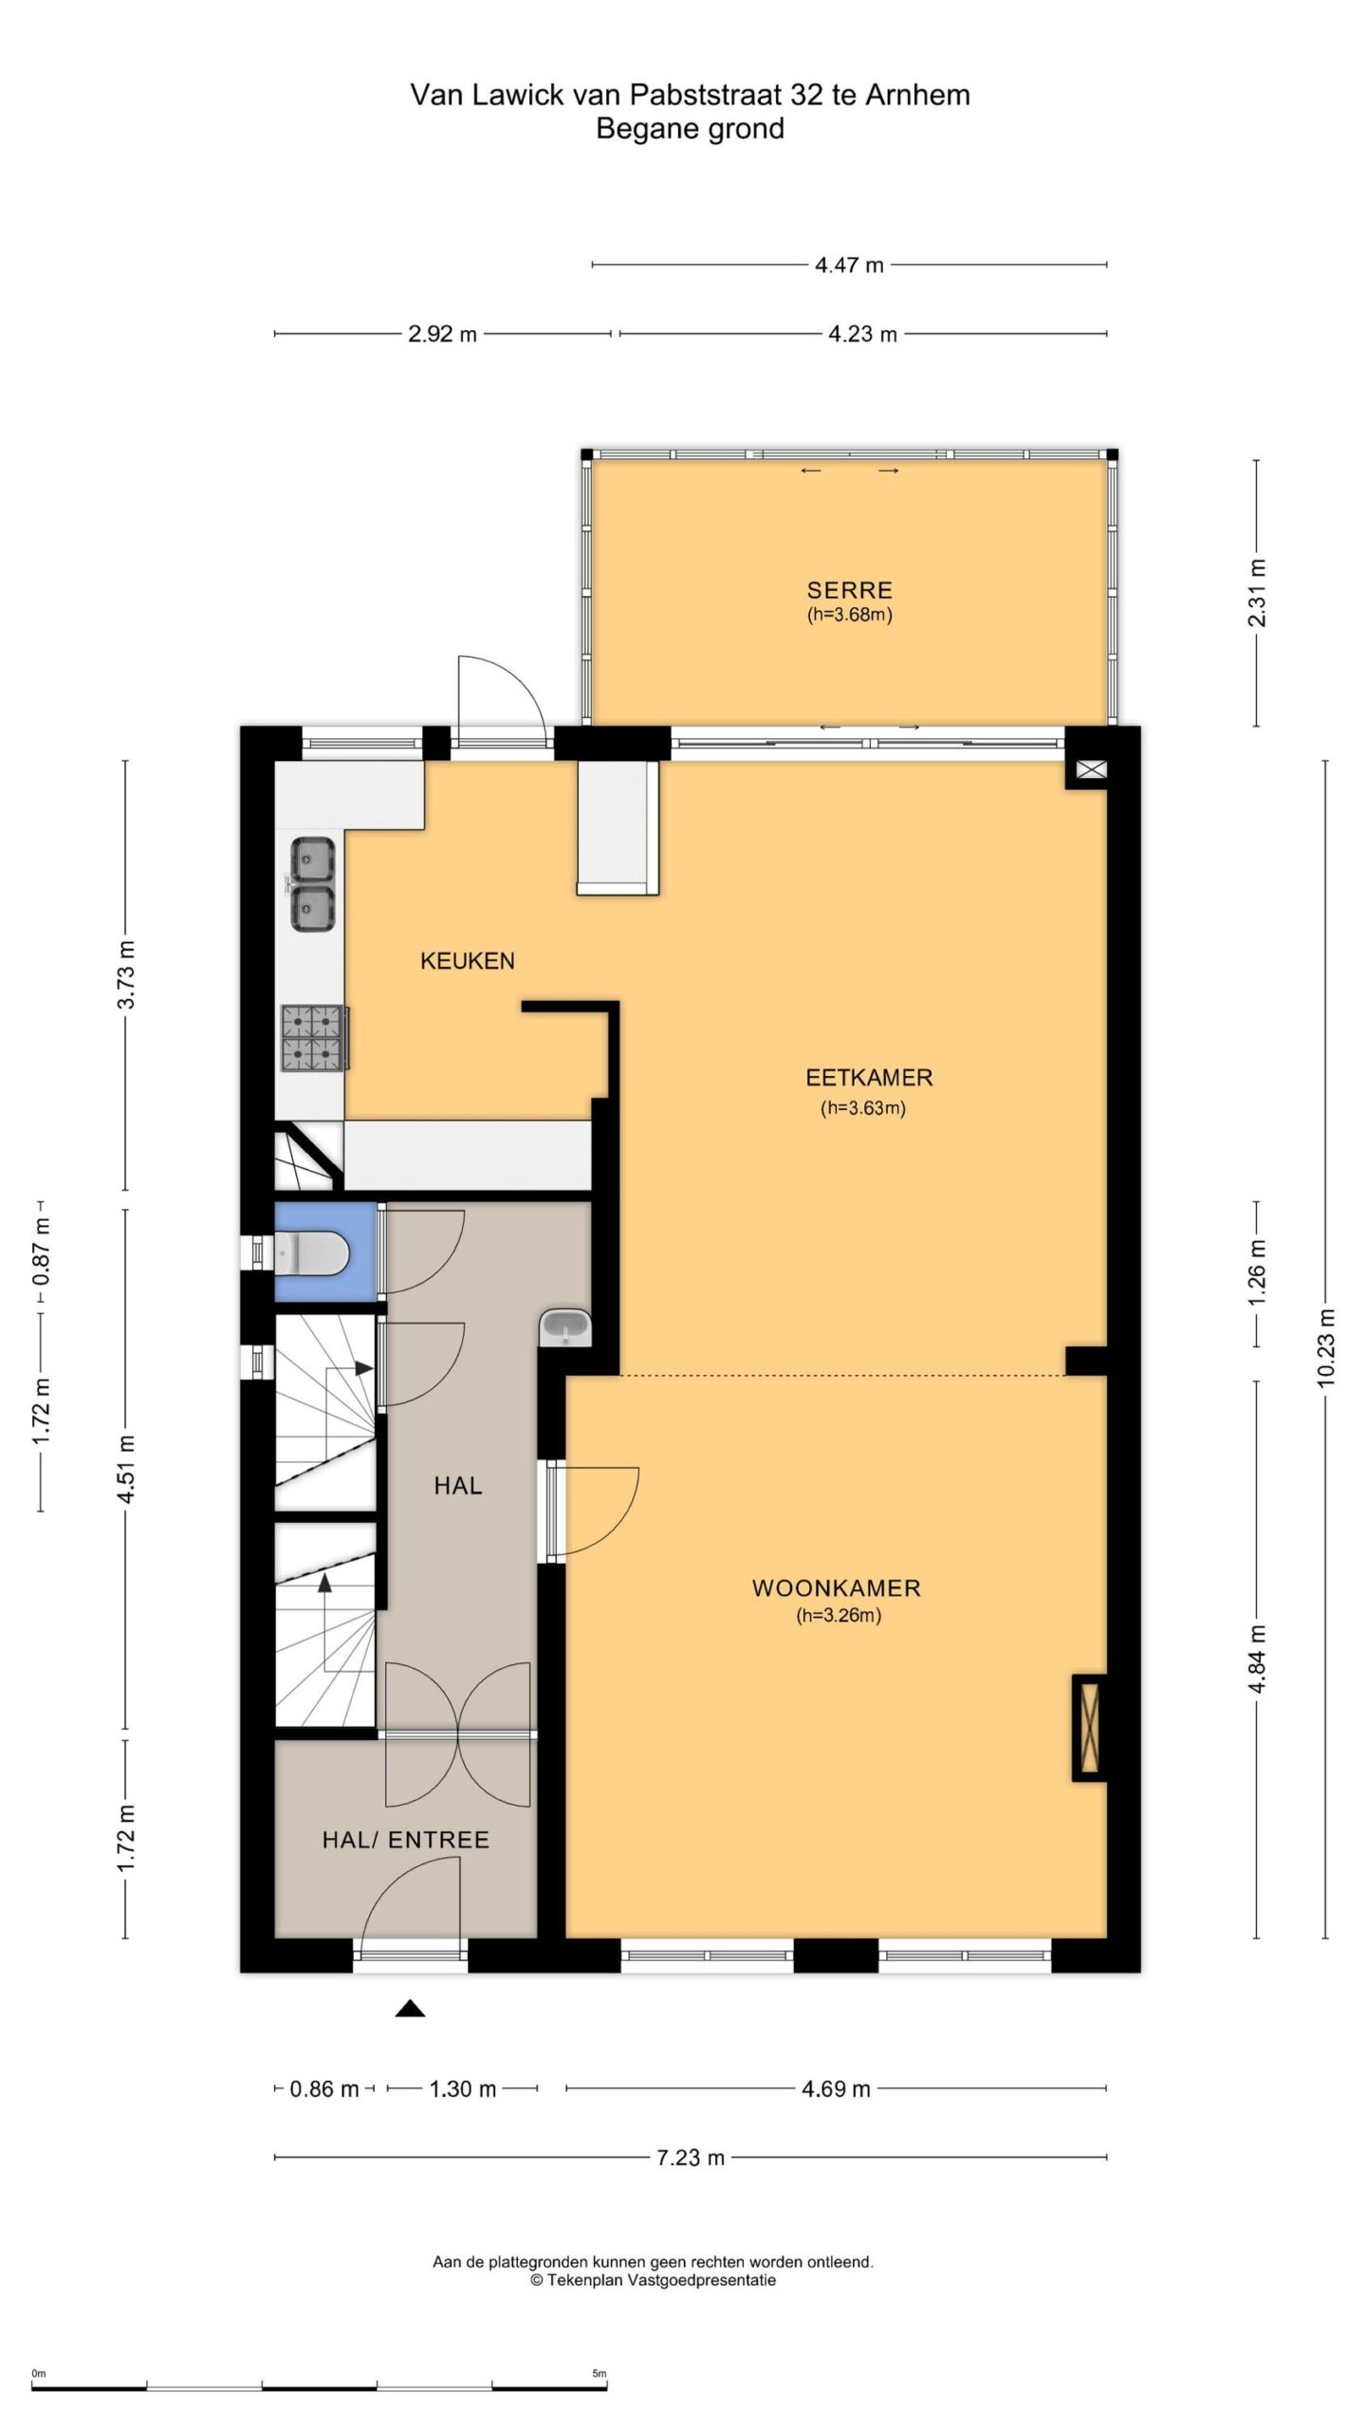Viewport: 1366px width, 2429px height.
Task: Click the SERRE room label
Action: tap(849, 590)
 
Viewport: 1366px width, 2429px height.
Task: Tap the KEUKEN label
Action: tap(468, 961)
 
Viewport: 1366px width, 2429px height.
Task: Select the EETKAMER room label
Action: tap(869, 1078)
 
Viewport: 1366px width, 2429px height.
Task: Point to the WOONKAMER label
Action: tap(837, 1588)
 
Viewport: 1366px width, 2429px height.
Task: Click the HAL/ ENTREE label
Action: tap(406, 1841)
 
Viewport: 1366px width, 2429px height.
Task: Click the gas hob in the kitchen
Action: tap(314, 1038)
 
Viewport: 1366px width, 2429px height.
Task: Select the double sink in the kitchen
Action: tap(312, 884)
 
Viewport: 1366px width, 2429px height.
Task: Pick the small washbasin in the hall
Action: tap(565, 1327)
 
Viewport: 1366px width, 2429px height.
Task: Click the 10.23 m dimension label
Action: tap(1325, 1347)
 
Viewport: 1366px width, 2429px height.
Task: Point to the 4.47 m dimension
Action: tap(849, 265)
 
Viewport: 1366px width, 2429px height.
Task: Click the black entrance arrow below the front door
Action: tap(410, 2007)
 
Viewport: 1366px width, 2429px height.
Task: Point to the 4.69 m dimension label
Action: tap(836, 2088)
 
